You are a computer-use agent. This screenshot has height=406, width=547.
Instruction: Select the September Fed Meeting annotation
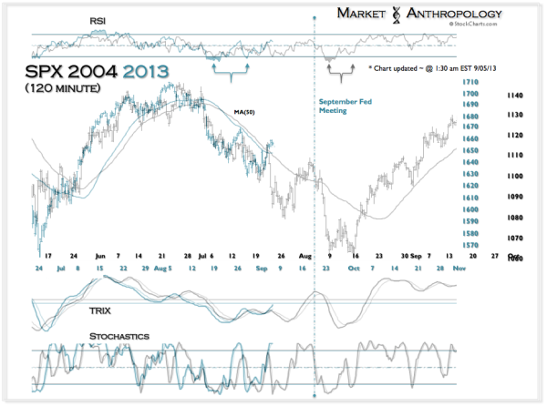point(343,107)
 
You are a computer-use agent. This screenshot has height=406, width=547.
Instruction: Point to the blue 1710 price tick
point(471,83)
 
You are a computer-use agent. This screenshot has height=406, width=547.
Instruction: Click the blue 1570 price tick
point(471,245)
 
